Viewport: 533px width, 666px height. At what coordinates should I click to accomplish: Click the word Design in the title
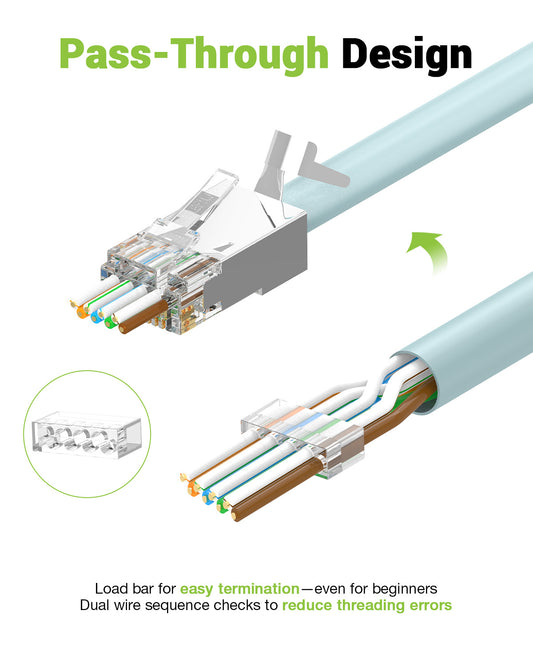tap(406, 54)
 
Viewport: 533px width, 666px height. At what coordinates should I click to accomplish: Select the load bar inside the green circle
tap(78, 436)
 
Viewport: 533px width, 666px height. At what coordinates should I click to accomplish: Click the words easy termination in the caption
tap(239, 589)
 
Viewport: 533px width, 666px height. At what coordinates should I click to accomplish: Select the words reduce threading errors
tap(366, 605)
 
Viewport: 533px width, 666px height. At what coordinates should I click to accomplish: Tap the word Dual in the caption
tap(98, 605)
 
